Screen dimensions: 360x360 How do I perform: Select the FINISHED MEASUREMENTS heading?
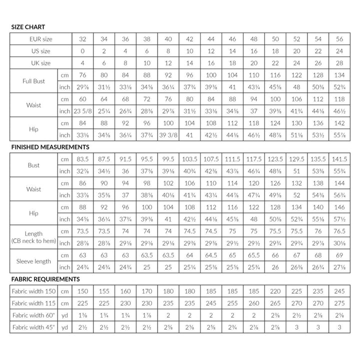(49, 147)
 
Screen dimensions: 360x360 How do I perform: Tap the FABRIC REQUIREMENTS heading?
(45, 279)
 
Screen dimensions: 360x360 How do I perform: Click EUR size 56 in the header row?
(339, 39)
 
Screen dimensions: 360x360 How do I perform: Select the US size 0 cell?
(82, 51)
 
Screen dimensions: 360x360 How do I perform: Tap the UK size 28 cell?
(339, 63)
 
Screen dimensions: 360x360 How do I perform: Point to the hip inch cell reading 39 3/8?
(168, 135)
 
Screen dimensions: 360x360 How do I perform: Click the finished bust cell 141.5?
(339, 159)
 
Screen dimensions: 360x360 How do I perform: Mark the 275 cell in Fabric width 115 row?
(339, 302)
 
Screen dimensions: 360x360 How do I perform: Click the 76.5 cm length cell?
(339, 231)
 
